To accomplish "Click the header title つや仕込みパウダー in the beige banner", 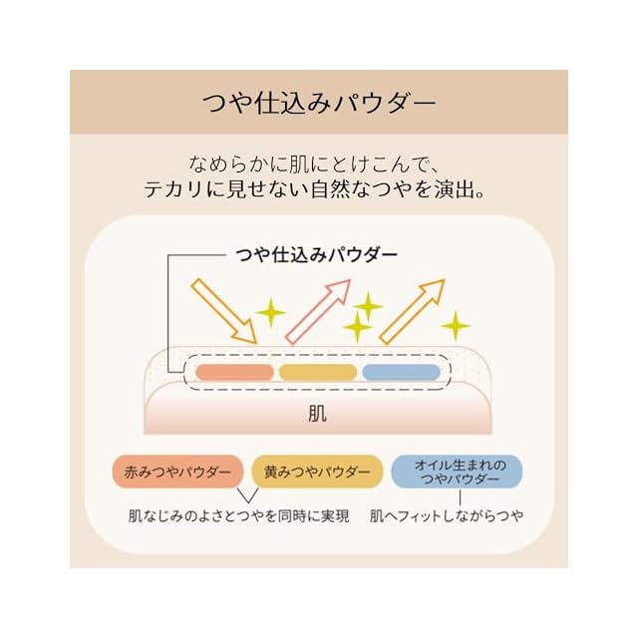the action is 318,102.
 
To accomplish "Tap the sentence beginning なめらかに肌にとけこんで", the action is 319,161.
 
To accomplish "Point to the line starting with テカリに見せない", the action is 319,188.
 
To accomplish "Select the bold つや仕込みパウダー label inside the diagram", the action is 316,254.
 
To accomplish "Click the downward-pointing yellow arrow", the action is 224,310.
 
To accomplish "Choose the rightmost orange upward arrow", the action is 412,310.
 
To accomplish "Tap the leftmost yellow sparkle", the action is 269,313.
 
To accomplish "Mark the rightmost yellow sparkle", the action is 456,324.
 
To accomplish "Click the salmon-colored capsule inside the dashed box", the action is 234,372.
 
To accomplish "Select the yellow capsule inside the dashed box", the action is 318,372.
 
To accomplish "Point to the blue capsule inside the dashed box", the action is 401,372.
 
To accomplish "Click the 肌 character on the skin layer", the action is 318,412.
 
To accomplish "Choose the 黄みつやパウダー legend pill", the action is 317,471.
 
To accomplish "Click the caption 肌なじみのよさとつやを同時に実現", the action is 239,516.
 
